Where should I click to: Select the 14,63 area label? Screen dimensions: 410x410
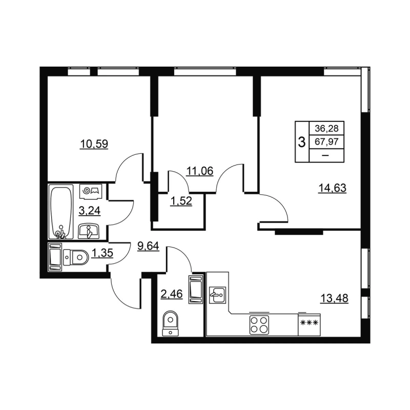tap(333, 188)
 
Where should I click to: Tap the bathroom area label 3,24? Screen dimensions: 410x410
tap(88, 210)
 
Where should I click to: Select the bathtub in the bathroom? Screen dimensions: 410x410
tap(60, 212)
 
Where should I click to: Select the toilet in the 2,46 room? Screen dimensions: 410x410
tap(169, 323)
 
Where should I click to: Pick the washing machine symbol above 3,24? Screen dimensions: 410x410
tap(92, 191)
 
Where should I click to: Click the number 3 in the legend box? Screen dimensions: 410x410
tap(301, 142)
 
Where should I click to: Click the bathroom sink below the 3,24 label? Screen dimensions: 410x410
tap(90, 231)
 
